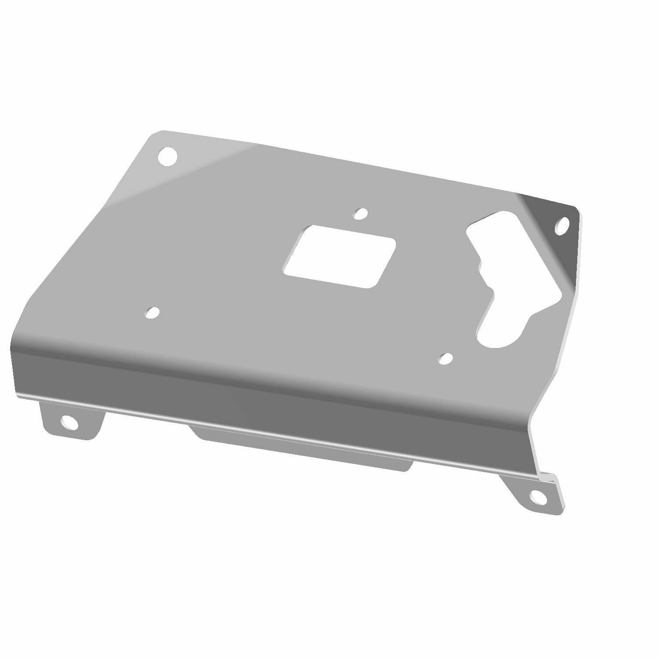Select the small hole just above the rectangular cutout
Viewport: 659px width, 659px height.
click(361, 213)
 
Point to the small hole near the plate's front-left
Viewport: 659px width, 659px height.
click(152, 312)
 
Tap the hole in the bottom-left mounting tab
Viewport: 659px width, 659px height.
click(69, 422)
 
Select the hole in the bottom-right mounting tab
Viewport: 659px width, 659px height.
click(535, 496)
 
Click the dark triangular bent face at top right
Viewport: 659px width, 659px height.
click(549, 246)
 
